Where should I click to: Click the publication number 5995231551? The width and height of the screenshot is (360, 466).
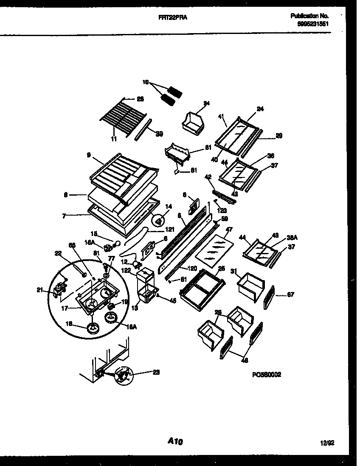point(313,24)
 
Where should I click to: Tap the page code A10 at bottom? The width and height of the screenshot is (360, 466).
point(175,442)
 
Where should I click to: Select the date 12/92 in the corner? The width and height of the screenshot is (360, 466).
point(327,443)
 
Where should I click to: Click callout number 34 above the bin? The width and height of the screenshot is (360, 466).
point(207,103)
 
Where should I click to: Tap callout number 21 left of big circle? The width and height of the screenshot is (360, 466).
point(40,290)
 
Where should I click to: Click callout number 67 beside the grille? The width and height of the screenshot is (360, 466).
point(290,294)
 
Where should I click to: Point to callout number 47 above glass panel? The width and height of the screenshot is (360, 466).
point(229,229)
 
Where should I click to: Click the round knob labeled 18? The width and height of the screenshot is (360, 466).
point(93,328)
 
